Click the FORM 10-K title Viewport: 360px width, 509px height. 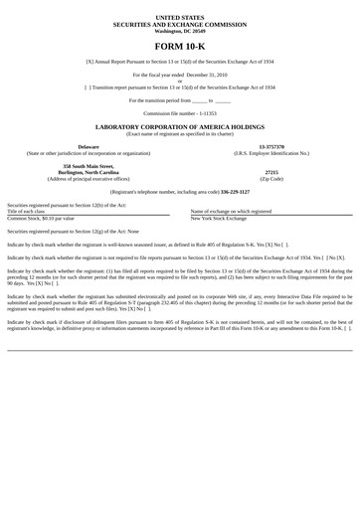180,46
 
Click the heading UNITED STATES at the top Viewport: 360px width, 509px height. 180,18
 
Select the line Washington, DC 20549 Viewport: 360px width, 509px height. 180,30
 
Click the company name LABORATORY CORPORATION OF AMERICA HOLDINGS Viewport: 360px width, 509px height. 180,127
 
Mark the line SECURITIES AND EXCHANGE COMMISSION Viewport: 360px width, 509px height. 180,24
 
